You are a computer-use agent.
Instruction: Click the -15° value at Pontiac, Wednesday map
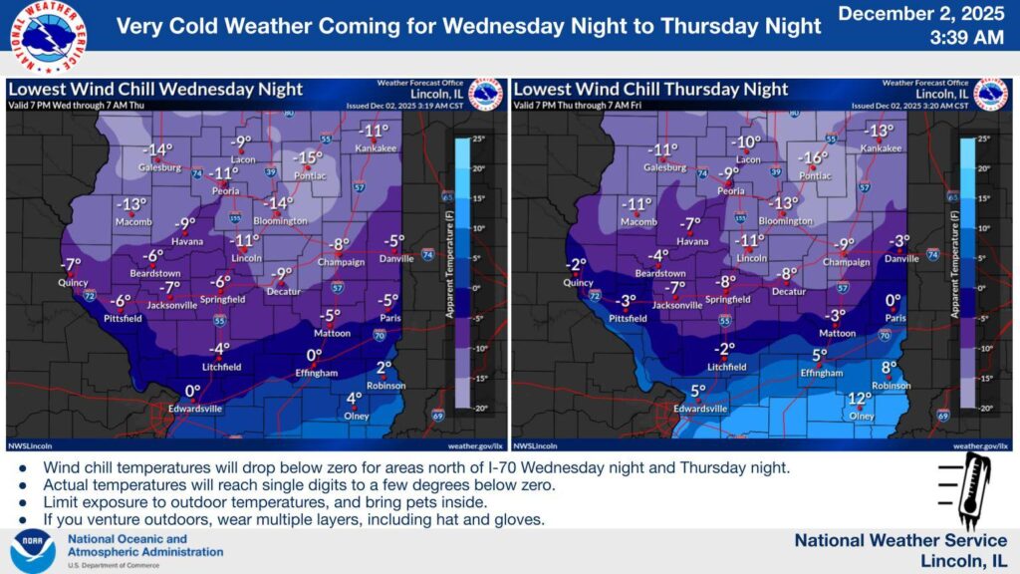click(x=308, y=157)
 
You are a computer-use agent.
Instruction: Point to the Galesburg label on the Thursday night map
click(x=666, y=167)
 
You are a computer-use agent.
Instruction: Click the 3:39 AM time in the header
click(x=966, y=39)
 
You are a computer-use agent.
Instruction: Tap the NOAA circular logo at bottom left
click(x=33, y=550)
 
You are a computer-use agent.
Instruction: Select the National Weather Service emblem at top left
click(x=48, y=36)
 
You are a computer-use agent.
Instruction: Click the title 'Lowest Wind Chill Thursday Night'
click(x=650, y=89)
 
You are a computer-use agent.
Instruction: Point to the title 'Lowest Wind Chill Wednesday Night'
click(x=155, y=89)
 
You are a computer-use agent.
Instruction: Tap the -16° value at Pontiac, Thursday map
click(x=814, y=157)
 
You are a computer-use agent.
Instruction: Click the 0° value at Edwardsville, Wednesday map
click(x=193, y=391)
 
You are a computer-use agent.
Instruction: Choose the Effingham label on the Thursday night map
click(x=821, y=373)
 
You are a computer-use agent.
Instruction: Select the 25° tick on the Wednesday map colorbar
click(x=479, y=139)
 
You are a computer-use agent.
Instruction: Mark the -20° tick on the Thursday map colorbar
click(x=983, y=409)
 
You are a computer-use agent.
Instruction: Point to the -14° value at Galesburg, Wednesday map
click(x=157, y=150)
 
